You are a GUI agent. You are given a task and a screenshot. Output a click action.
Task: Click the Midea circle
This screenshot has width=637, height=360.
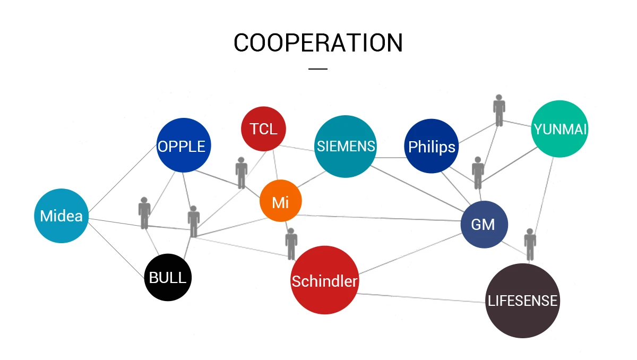pyautogui.click(x=61, y=216)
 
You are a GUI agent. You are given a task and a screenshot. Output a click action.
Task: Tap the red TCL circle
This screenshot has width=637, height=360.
pyautogui.click(x=263, y=129)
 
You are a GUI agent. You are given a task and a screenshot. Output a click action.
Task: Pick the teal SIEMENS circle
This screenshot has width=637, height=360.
pyautogui.click(x=346, y=146)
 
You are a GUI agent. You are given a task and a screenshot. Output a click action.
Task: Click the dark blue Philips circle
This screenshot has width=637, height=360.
pyautogui.click(x=431, y=146)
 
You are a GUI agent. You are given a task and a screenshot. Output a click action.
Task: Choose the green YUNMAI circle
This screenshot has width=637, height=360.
pyautogui.click(x=559, y=129)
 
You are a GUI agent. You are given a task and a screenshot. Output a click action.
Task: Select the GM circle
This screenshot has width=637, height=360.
pyautogui.click(x=484, y=224)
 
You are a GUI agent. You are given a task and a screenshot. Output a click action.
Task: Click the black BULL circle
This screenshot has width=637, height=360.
pyautogui.click(x=168, y=278)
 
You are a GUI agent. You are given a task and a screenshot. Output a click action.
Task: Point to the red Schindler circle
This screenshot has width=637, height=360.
pyautogui.click(x=324, y=280)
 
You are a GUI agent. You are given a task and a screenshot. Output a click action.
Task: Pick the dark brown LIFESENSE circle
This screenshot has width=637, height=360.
pyautogui.click(x=522, y=301)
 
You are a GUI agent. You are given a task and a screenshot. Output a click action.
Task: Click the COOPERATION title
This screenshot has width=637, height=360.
pyautogui.click(x=318, y=42)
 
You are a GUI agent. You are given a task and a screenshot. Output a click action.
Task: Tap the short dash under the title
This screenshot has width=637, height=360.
pyautogui.click(x=318, y=68)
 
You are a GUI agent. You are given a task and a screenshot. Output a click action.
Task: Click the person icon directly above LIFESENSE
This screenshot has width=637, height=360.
pyautogui.click(x=530, y=244)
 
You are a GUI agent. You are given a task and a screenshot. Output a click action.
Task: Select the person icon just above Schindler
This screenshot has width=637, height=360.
pyautogui.click(x=291, y=244)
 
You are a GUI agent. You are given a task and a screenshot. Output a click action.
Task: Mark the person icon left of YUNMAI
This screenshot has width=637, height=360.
pyautogui.click(x=499, y=110)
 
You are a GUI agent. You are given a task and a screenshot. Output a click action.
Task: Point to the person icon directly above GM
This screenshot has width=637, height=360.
pyautogui.click(x=478, y=173)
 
